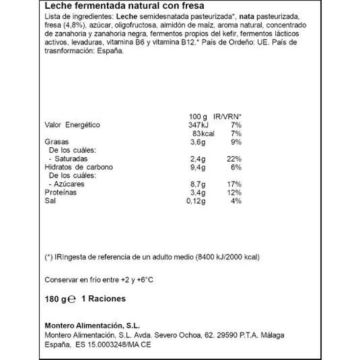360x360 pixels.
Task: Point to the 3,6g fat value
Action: tap(198, 142)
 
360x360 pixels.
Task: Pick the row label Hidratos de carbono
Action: tap(78, 167)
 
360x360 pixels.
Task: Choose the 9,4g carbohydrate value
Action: tap(198, 167)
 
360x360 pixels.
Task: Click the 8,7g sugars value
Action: tap(198, 184)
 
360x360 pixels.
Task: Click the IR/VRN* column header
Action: tap(228, 117)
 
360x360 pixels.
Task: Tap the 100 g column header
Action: tap(198, 117)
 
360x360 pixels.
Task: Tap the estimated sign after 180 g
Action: tap(72, 299)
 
